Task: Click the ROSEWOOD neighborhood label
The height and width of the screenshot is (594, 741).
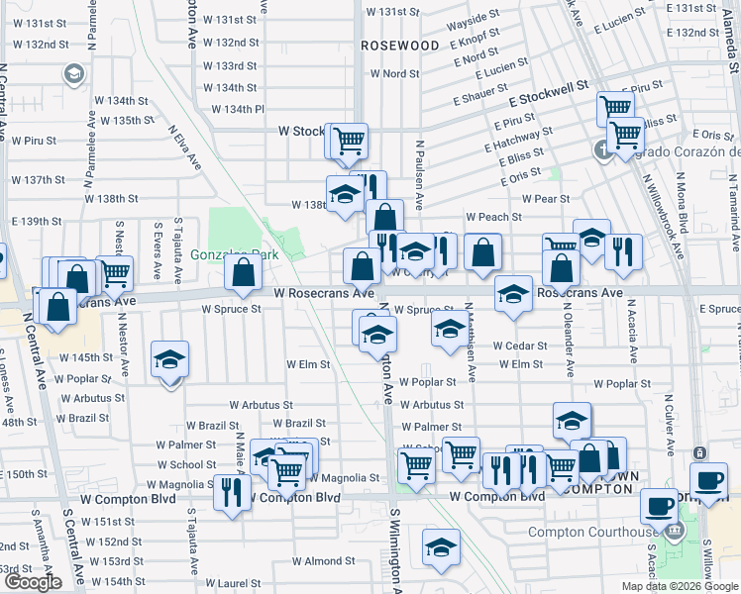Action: point(400,46)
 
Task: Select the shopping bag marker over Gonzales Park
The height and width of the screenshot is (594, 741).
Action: point(243,272)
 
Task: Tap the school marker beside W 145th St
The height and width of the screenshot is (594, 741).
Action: point(169,361)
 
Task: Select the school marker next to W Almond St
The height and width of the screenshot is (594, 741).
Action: point(442,547)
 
